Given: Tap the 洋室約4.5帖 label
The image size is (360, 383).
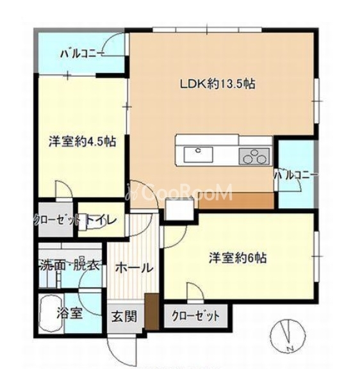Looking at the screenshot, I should tap(82, 142).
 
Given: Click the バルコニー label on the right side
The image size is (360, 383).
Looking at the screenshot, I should tap(296, 174).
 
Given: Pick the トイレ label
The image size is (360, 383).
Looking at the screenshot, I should tap(102, 220).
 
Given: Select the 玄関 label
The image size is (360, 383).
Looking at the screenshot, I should tap(123, 316).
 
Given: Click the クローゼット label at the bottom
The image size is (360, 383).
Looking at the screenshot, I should tap(197, 316).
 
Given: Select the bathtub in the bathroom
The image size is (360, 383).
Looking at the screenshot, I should tap(47, 314).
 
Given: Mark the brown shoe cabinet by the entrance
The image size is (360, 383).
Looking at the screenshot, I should tap(151, 312).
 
